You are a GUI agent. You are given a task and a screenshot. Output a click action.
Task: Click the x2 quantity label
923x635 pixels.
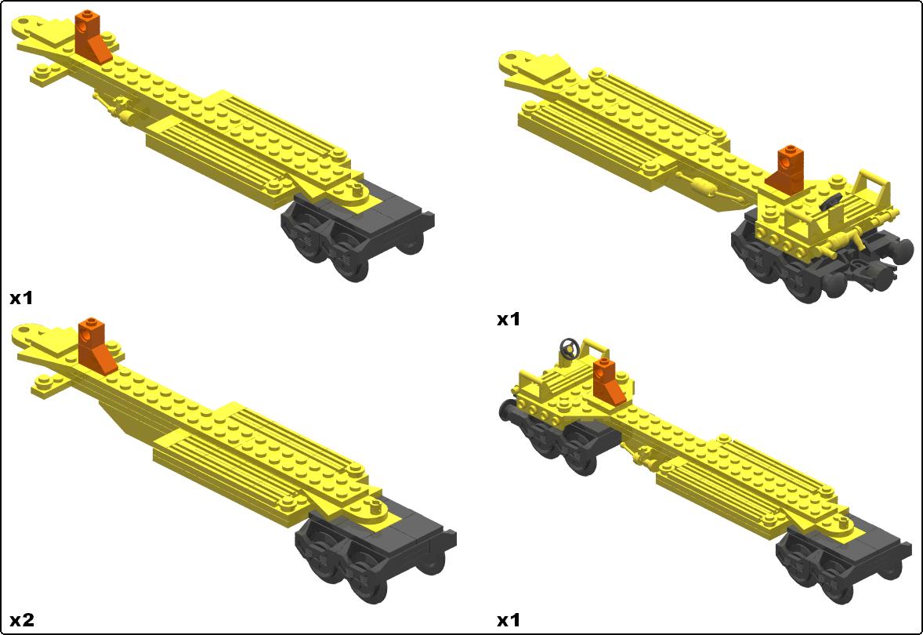[22, 619]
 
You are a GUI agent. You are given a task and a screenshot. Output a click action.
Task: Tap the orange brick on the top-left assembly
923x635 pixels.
[92, 37]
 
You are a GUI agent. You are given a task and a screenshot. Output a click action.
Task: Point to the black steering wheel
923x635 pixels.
[569, 349]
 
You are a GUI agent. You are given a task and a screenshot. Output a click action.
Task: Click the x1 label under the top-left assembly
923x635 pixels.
[21, 298]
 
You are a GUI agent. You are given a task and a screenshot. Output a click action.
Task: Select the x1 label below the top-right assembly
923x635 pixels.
[509, 319]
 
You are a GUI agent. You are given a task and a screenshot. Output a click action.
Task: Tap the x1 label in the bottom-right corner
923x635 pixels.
[509, 619]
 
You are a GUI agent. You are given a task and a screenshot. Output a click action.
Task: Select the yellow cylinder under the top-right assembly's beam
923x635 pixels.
[703, 188]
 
